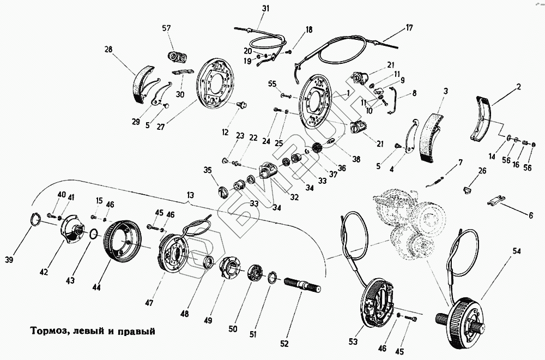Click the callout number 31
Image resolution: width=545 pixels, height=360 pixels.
(265, 8)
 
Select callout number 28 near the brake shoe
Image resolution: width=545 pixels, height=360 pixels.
(109, 50)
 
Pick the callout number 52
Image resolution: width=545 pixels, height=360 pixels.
(284, 343)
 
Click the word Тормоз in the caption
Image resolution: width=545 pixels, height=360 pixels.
(43, 331)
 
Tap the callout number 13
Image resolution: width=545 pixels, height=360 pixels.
(190, 195)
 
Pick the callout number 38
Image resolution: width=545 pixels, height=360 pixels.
(356, 160)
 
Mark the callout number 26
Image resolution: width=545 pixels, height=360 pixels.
(481, 171)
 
